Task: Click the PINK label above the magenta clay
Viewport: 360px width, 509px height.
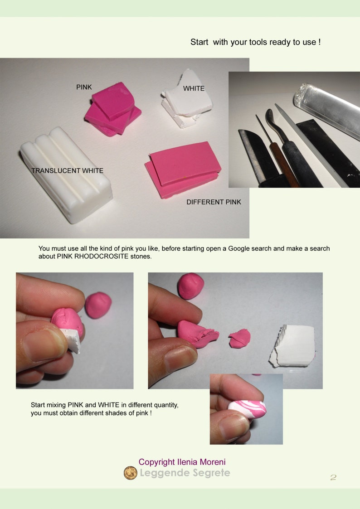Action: coord(84,87)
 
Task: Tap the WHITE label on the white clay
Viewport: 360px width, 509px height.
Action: coord(194,88)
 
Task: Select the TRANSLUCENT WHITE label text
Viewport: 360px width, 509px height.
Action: coord(68,170)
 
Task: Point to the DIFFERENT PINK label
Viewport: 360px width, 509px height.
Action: coord(214,202)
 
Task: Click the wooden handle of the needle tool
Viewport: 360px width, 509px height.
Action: coord(284,165)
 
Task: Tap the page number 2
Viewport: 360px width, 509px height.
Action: coord(333,477)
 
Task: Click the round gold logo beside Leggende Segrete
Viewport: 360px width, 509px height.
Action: coord(131,473)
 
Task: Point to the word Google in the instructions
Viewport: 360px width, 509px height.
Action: coord(239,249)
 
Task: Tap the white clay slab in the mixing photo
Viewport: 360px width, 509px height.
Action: coord(292,346)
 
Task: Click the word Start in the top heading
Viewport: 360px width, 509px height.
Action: coord(199,42)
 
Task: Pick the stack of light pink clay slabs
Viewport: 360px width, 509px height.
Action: coord(183,170)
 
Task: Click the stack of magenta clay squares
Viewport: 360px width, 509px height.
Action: coord(113,109)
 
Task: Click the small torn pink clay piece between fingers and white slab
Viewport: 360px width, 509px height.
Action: coord(239,338)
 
